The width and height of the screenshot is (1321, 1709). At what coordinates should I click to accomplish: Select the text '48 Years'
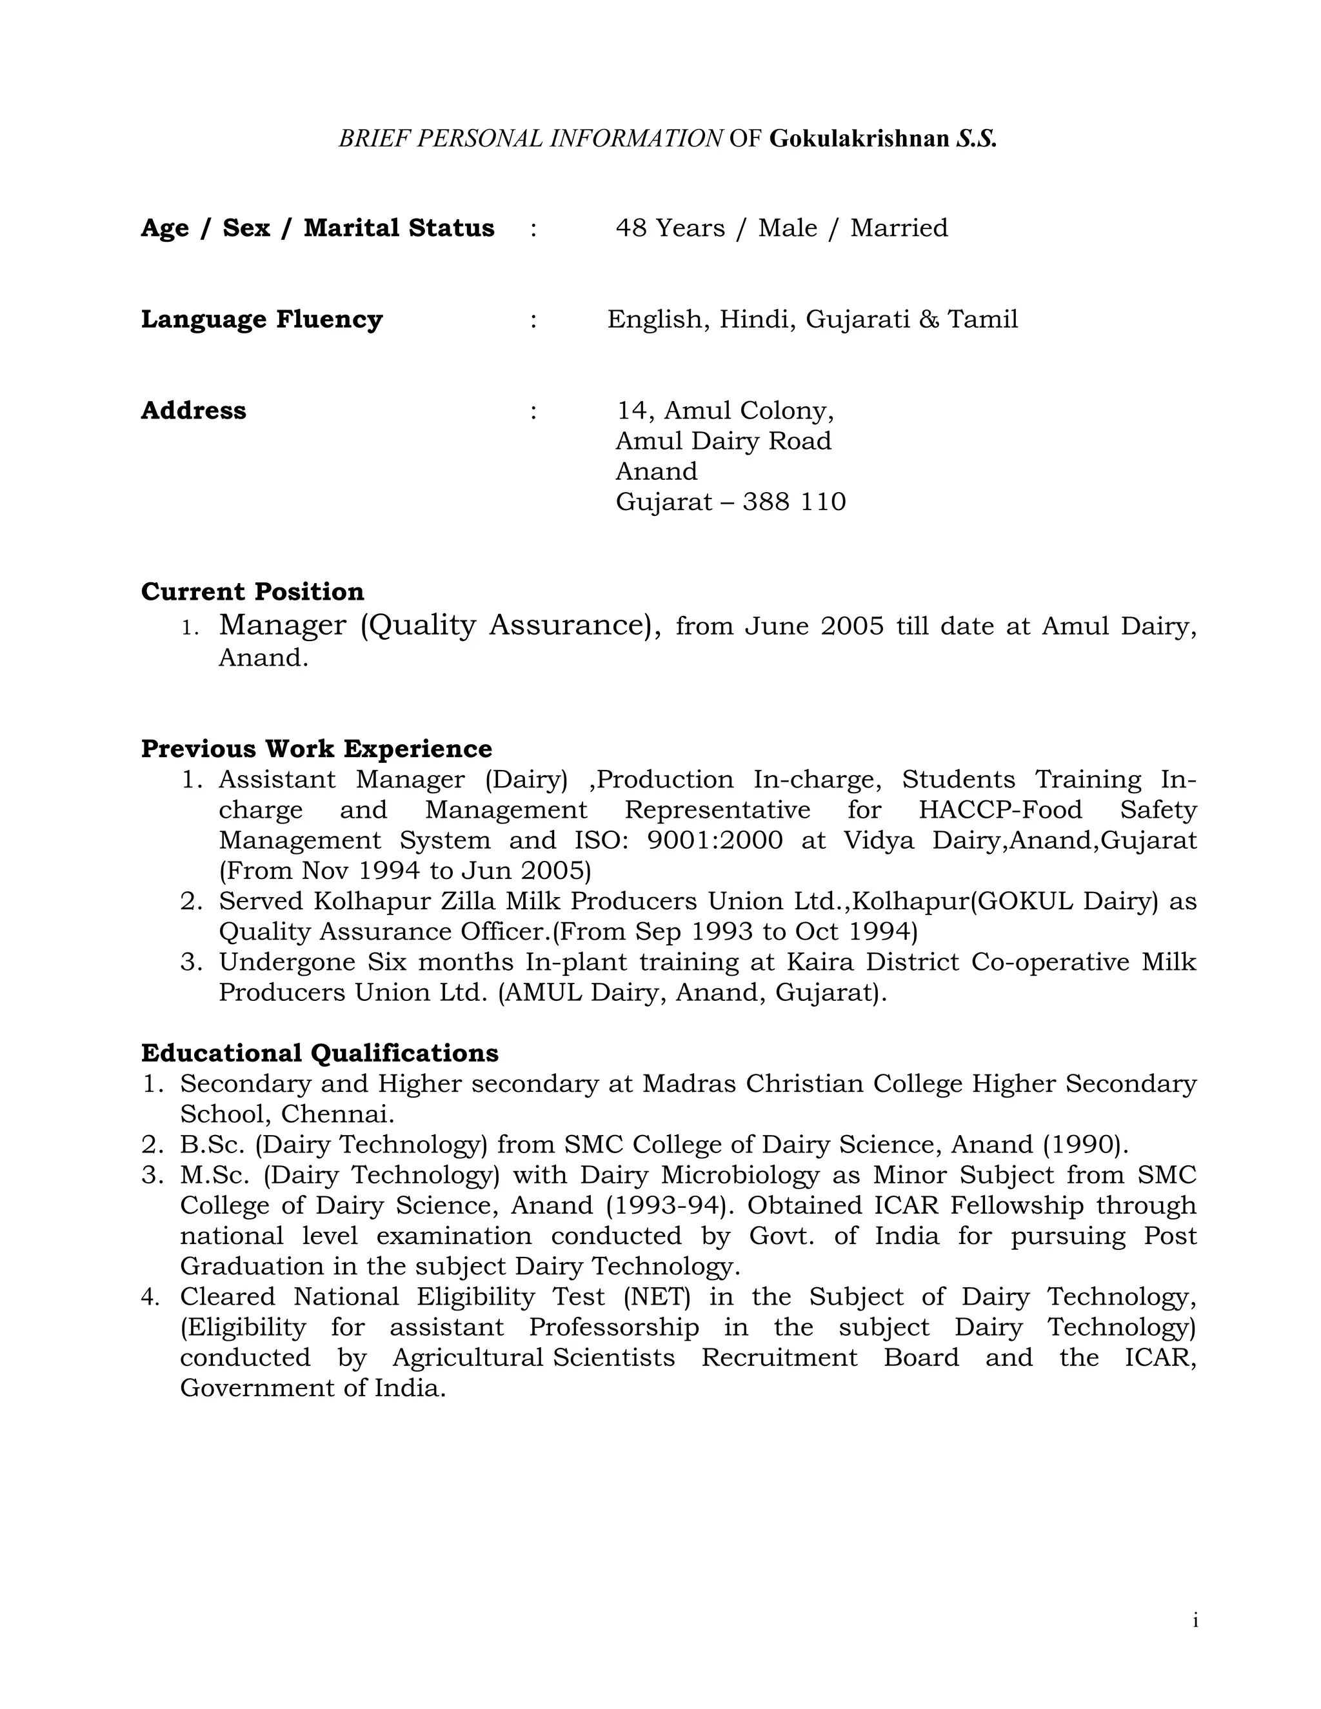pos(670,228)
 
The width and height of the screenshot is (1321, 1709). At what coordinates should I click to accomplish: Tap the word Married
pos(899,228)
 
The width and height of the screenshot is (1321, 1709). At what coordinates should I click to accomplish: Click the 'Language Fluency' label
pos(261,319)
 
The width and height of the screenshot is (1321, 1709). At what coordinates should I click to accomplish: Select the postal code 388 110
pos(793,502)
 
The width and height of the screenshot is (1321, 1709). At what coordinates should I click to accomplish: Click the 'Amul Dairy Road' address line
pos(723,441)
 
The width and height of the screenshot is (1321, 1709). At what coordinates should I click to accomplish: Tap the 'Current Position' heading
pos(252,591)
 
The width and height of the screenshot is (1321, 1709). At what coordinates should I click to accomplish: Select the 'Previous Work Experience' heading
pos(316,749)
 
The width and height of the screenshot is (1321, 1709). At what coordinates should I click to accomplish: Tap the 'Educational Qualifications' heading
pos(319,1053)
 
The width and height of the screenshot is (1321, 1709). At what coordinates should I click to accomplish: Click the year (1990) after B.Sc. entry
pos(1085,1145)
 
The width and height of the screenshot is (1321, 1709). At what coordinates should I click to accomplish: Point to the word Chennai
pos(337,1114)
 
